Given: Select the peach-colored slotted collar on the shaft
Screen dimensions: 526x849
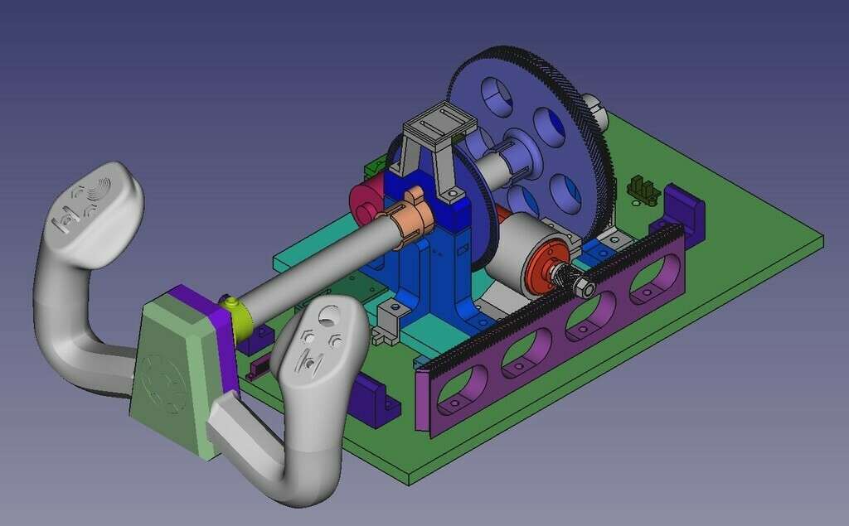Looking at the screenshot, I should point(411,217).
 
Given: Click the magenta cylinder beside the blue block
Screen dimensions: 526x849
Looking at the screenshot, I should point(364,202).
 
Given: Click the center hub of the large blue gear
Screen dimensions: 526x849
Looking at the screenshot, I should point(518,154).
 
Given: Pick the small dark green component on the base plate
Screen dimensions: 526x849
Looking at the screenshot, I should point(639,188).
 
